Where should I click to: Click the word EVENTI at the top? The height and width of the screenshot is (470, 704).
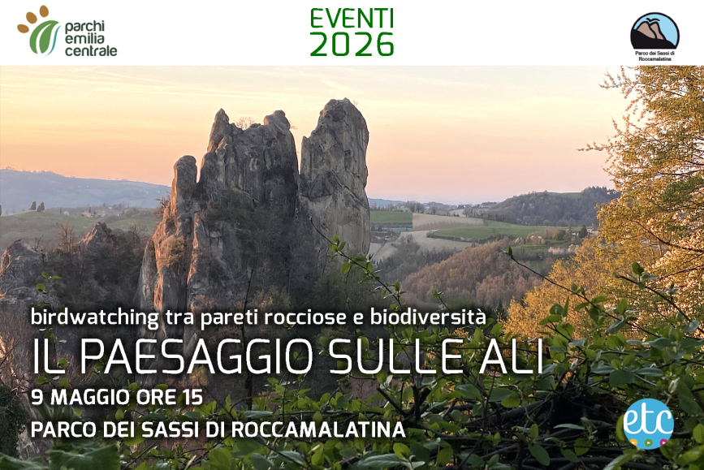[x=352, y=18]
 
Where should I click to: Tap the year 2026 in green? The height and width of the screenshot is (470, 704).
[x=352, y=45]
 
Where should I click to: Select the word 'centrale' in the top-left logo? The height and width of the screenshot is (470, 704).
[x=91, y=51]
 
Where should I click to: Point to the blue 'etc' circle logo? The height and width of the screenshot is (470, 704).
[x=648, y=423]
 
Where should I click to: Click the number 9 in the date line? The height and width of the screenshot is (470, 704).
[x=37, y=399]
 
